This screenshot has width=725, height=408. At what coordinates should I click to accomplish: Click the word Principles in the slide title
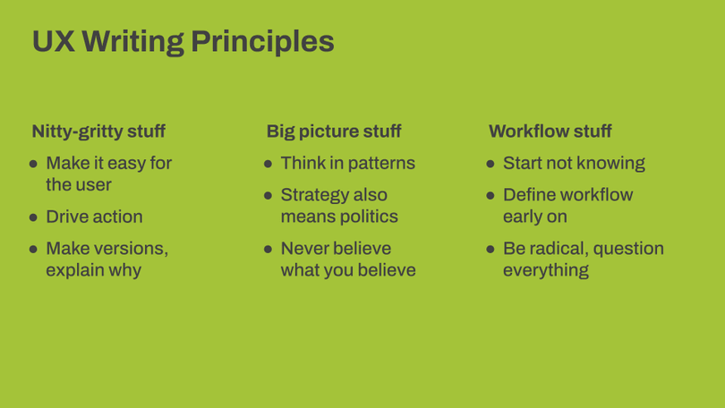262,42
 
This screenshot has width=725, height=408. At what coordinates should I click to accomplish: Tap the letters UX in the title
54,41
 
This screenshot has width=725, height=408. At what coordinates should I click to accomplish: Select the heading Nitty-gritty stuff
98,132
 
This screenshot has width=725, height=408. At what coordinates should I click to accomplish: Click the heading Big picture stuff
334,132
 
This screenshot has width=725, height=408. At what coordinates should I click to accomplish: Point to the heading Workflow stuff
550,132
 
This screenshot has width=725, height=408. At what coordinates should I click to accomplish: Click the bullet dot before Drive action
33,217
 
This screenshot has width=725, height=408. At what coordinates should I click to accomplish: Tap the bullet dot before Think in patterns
269,164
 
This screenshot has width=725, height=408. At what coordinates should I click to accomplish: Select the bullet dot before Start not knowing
490,164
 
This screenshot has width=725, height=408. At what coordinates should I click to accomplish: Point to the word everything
546,271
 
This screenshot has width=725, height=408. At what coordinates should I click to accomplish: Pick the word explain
75,271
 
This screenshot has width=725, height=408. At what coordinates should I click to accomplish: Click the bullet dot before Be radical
490,249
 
